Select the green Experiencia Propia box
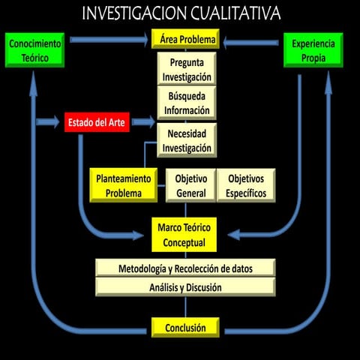[x=313, y=50]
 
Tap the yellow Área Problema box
[x=185, y=39]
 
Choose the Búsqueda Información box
[x=186, y=102]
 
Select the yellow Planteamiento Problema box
[x=124, y=186]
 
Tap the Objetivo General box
[x=190, y=186]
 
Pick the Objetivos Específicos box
[x=245, y=186]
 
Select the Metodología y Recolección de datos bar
[x=185, y=268]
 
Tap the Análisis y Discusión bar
[x=185, y=287]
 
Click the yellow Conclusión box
[x=185, y=327]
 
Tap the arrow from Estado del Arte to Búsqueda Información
[x=144, y=119]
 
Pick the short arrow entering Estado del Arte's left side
[x=49, y=121]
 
